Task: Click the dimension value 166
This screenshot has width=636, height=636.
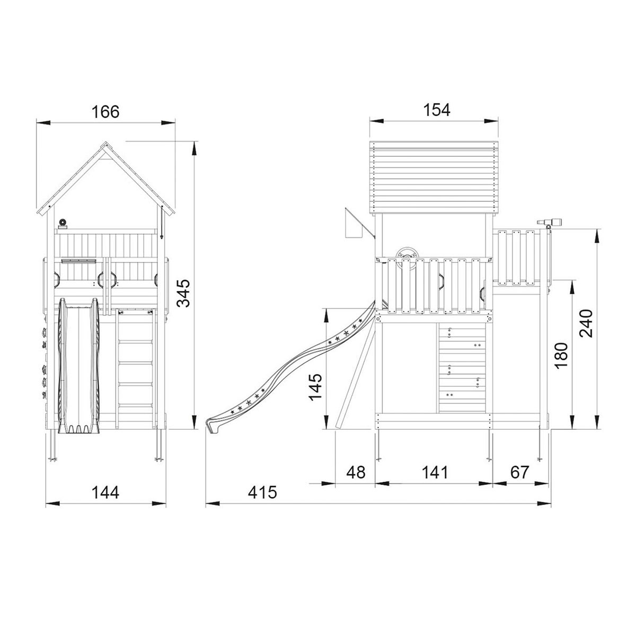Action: coord(105,112)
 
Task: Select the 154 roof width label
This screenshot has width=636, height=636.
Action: coord(436,110)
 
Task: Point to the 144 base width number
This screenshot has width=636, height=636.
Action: coord(105,493)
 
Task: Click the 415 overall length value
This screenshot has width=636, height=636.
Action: coord(263,493)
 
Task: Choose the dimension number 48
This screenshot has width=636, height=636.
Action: coord(356,472)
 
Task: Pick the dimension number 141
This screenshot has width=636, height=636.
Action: coord(435,472)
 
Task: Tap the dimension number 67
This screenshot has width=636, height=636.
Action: coord(519,472)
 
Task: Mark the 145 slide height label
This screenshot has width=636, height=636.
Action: coord(315,386)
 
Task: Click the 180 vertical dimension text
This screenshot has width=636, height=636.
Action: coord(561,356)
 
